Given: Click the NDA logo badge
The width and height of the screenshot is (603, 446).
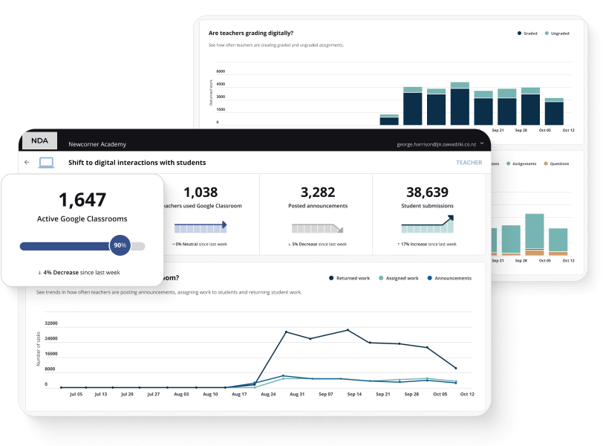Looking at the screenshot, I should click(x=39, y=140).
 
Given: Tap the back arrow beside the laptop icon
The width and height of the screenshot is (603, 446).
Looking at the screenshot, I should click(x=27, y=162).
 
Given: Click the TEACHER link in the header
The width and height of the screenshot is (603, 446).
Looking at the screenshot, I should click(x=469, y=162).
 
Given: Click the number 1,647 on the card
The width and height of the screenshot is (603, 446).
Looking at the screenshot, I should click(x=82, y=199).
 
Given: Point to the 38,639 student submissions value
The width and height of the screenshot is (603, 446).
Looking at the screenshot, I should click(x=428, y=193).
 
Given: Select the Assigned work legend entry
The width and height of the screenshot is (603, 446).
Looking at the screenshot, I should click(x=404, y=278).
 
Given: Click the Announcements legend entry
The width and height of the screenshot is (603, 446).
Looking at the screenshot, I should click(x=452, y=278).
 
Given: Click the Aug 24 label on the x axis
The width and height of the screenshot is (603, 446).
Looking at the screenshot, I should click(x=268, y=394).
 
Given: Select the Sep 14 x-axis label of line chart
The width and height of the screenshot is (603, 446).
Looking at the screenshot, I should click(x=353, y=394).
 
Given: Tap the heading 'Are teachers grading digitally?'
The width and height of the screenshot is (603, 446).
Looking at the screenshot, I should click(x=250, y=33).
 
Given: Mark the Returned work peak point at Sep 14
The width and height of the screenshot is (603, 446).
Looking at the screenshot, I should click(x=348, y=330).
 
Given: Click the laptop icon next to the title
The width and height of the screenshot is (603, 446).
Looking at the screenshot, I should click(x=47, y=162).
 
